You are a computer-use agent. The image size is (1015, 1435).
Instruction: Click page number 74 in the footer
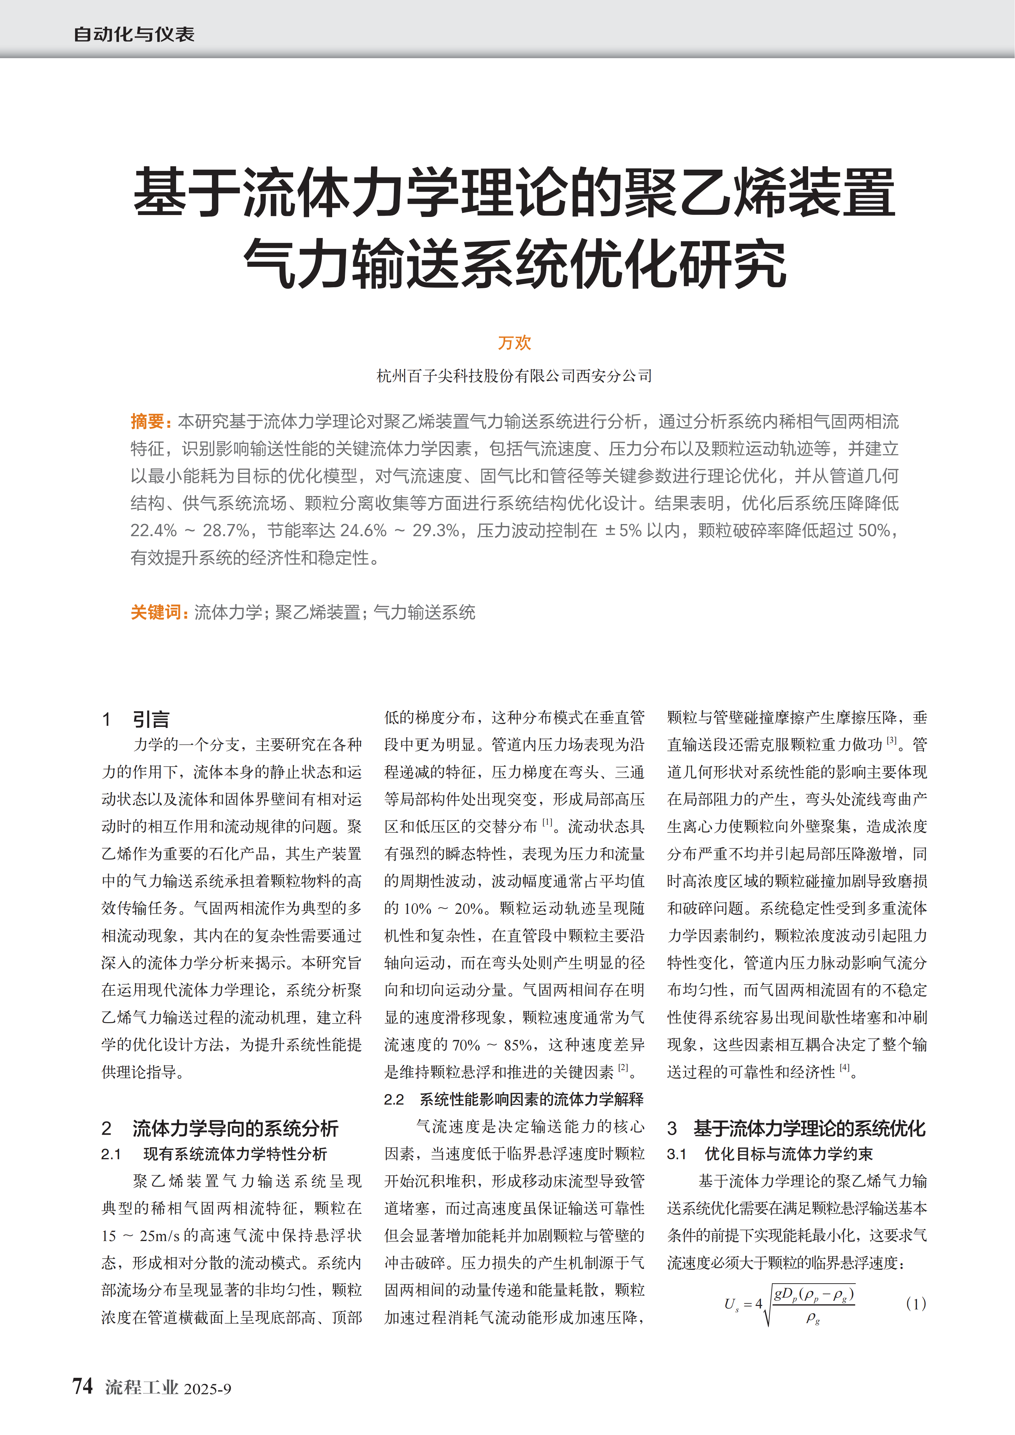(82, 1386)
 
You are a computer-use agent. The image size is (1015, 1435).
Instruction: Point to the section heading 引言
(151, 719)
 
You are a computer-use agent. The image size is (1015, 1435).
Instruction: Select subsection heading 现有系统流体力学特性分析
(235, 1154)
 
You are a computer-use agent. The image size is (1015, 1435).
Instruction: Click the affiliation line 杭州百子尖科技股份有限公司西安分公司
(514, 376)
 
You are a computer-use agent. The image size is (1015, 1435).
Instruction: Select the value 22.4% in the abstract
(153, 531)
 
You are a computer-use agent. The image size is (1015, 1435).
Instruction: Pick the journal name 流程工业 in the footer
(141, 1387)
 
